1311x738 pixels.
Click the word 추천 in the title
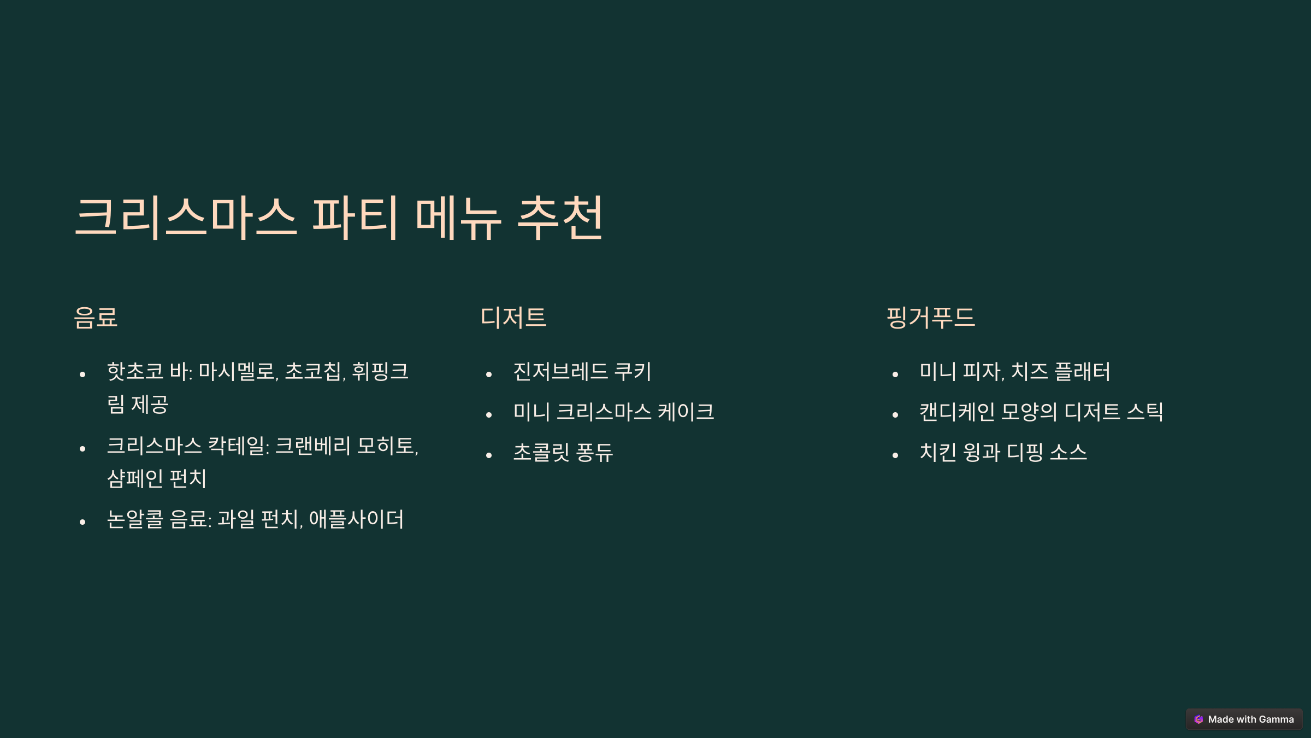[x=560, y=218]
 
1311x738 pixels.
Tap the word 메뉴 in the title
[x=458, y=218]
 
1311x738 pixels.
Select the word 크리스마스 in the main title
[x=186, y=218]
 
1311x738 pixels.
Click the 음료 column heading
[x=96, y=318]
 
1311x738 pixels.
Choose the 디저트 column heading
[x=513, y=318]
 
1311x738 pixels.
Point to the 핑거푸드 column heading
[x=930, y=318]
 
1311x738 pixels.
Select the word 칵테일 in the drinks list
[x=238, y=446]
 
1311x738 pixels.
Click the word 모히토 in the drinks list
[x=386, y=446]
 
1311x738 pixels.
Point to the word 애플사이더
[x=356, y=519]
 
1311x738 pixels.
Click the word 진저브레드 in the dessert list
[x=560, y=372]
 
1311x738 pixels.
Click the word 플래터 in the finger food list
[x=1082, y=372]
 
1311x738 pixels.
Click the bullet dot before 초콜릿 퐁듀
[x=489, y=455]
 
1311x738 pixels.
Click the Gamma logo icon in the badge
[x=1198, y=719]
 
